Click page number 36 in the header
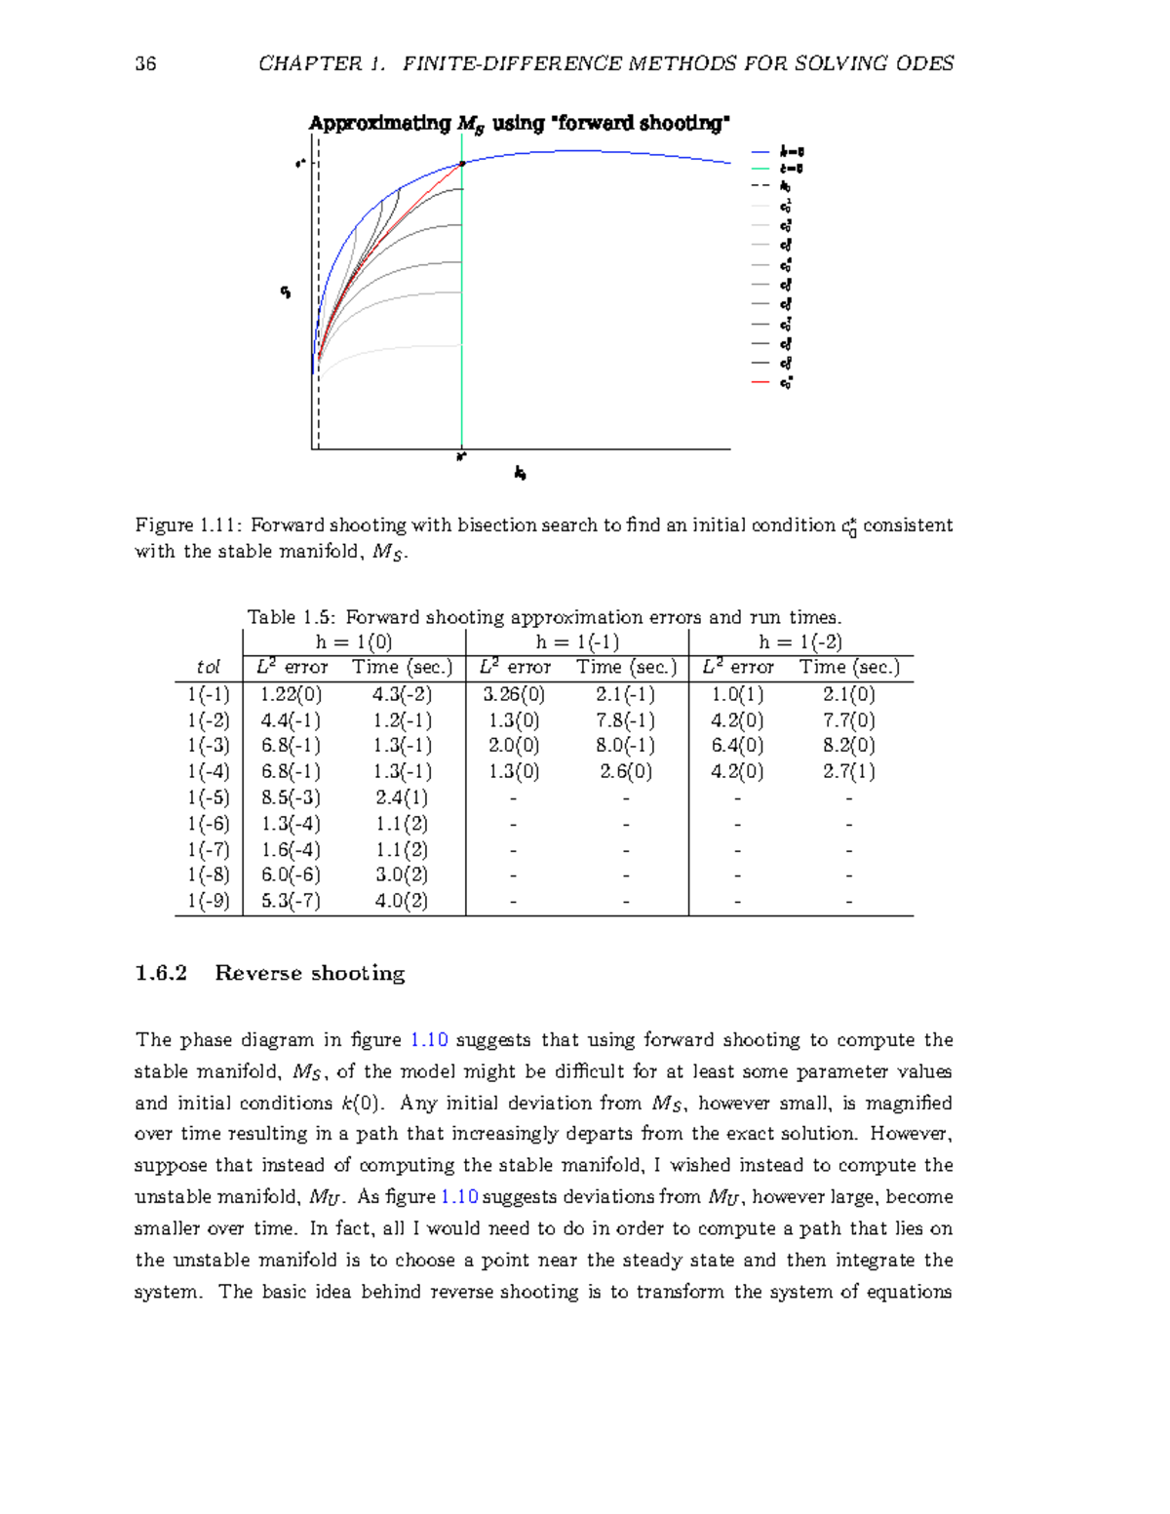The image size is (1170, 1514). [145, 64]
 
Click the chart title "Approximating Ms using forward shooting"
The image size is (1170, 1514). [519, 123]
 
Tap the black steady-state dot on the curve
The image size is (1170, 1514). [462, 164]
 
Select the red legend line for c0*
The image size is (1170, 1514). [760, 382]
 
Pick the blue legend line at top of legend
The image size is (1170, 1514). [760, 152]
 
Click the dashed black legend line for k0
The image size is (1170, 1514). [760, 186]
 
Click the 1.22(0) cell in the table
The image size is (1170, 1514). [290, 694]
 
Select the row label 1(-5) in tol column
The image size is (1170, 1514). [208, 797]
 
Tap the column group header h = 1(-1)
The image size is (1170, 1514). [576, 641]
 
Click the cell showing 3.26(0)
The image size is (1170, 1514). [513, 694]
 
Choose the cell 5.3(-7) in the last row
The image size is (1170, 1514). [290, 901]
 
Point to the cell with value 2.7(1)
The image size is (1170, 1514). [848, 771]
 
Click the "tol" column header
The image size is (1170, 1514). [208, 668]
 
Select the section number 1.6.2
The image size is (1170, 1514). [161, 973]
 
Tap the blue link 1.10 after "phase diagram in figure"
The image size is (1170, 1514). [429, 1040]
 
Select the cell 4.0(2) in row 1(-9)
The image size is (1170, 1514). [401, 901]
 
